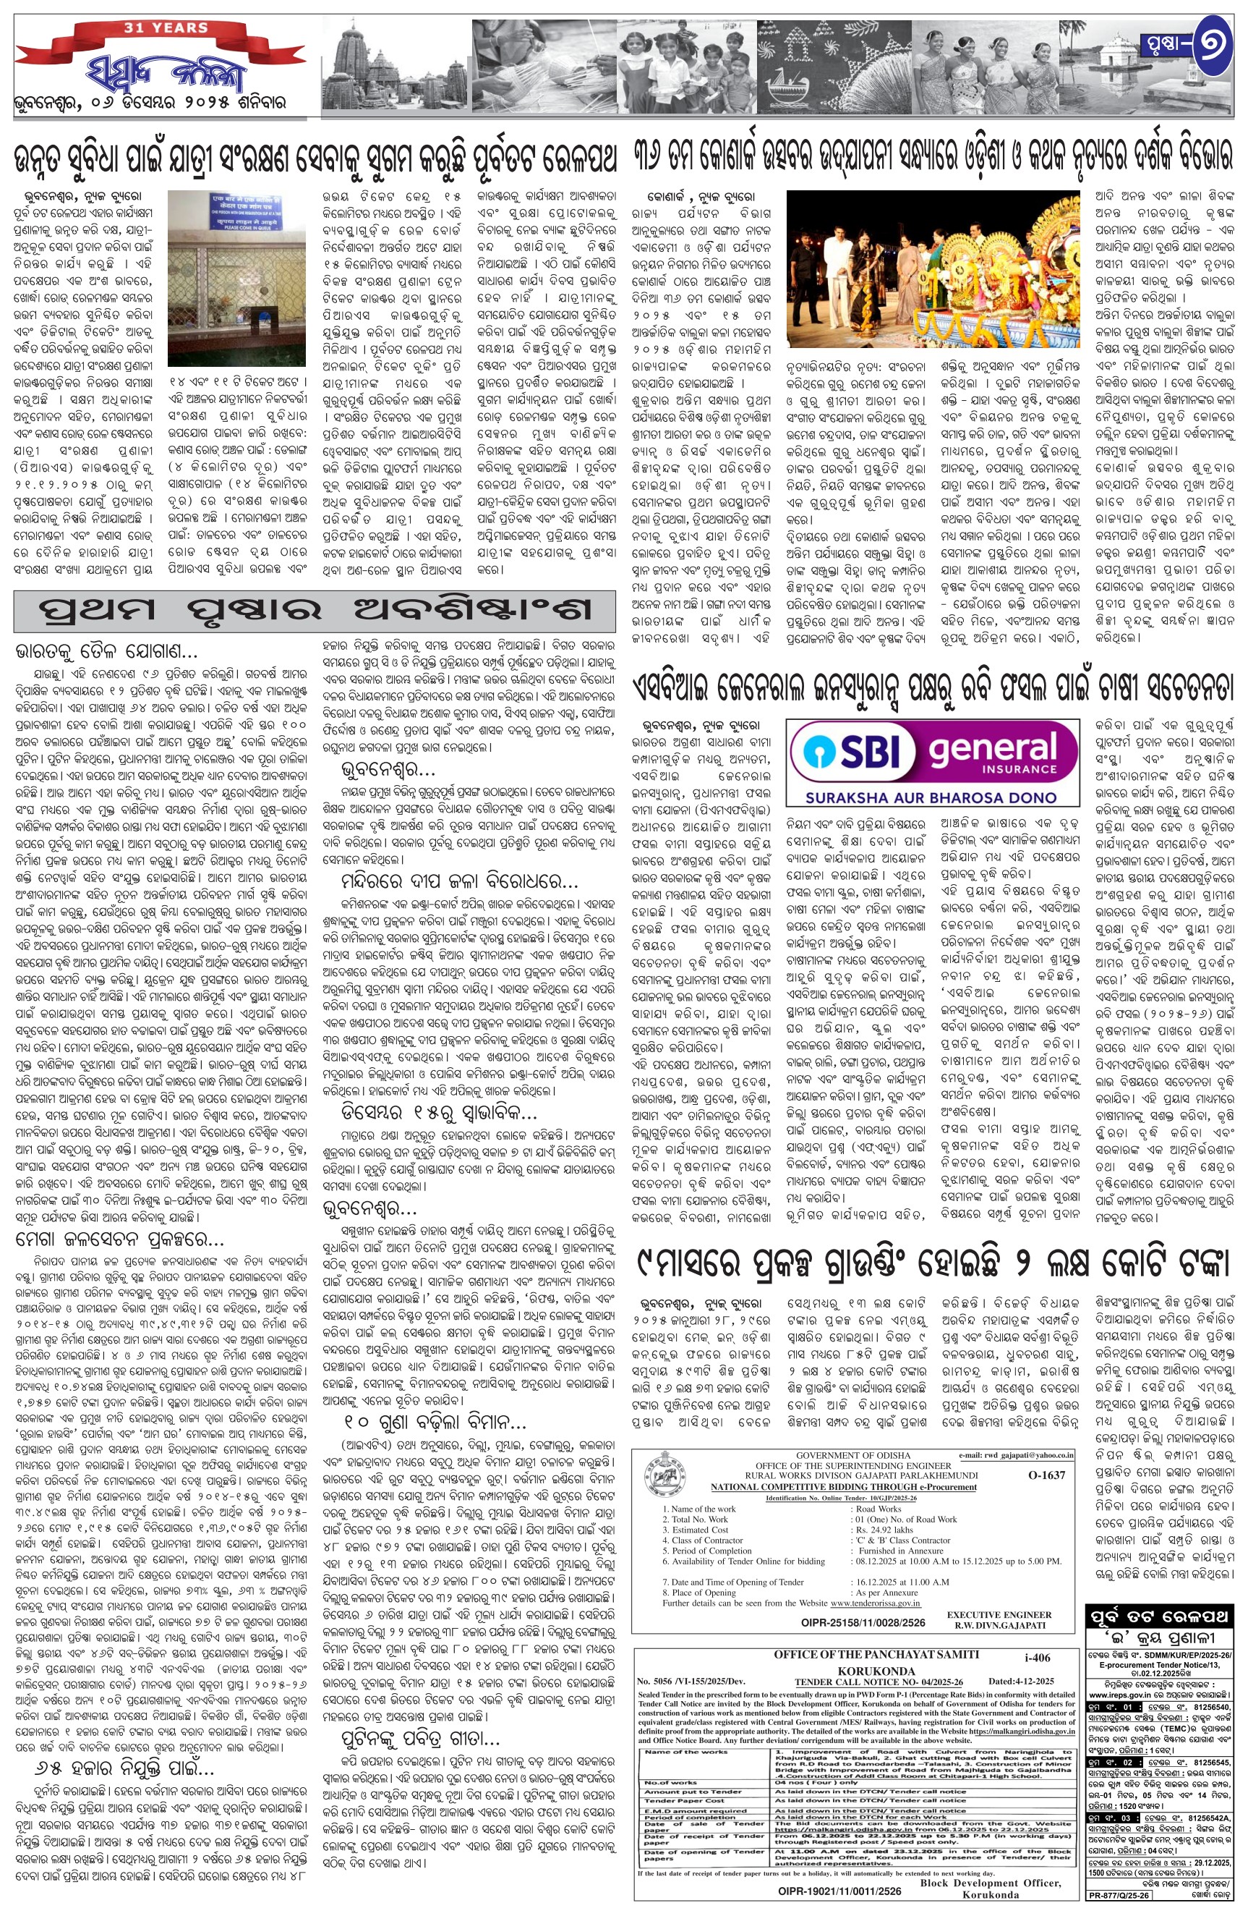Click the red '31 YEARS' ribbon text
tap(166, 28)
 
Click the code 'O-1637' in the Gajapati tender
tap(1046, 1475)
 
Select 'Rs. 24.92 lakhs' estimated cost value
tap(884, 1530)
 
